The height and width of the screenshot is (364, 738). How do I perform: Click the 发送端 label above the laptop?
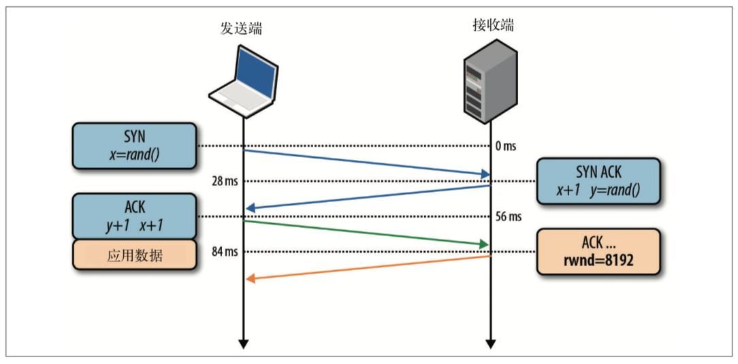[x=241, y=28]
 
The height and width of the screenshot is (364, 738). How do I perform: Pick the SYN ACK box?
[x=598, y=182]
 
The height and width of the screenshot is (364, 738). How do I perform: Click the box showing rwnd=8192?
[x=598, y=251]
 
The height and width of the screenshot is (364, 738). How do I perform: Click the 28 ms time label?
[x=224, y=182]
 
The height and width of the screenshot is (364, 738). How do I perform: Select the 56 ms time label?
[x=509, y=217]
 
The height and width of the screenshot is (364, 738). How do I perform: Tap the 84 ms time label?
[x=224, y=252]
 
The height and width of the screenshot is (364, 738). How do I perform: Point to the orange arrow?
[x=368, y=267]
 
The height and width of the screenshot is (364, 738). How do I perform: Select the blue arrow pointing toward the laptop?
[x=368, y=197]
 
